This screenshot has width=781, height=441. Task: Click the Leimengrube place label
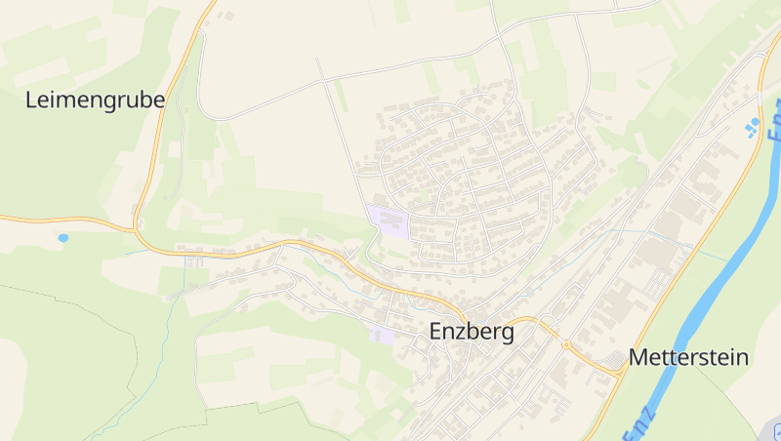click(95, 100)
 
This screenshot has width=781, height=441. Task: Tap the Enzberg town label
click(472, 332)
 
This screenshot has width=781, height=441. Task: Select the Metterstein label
click(688, 357)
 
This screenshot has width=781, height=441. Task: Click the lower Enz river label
click(639, 422)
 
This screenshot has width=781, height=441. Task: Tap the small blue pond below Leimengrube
click(63, 237)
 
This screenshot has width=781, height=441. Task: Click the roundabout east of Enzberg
click(566, 343)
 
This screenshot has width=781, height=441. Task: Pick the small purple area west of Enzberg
click(382, 335)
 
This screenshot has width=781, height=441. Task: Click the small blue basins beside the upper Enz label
click(753, 127)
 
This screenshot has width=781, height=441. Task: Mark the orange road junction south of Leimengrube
click(136, 230)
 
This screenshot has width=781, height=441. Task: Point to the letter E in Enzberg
click(436, 332)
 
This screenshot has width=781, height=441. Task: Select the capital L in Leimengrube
click(31, 99)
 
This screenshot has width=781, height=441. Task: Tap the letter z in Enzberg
click(463, 333)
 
